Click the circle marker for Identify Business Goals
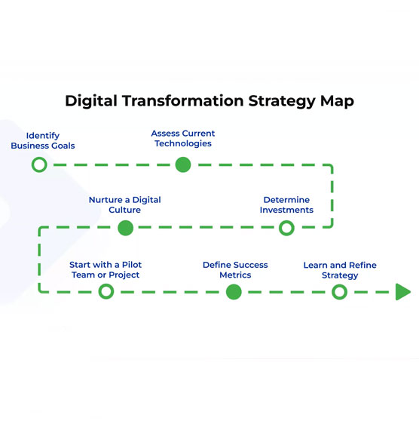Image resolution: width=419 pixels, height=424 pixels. pos(39,158)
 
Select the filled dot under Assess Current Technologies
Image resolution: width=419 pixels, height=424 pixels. pos(183,164)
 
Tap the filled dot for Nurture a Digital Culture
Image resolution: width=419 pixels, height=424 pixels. pos(126,228)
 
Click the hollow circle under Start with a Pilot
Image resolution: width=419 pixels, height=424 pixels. pos(106,284)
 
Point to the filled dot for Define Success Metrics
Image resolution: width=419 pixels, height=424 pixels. pos(234,292)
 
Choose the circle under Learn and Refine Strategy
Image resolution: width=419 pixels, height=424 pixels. pos(340,284)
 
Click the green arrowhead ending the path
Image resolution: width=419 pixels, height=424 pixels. pos(403,292)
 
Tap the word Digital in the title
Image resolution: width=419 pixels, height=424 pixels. pos(91,101)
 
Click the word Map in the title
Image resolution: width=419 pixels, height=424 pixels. pos(337,102)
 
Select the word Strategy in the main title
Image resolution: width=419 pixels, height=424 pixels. pos(282,102)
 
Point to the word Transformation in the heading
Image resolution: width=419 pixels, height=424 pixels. pos(183,101)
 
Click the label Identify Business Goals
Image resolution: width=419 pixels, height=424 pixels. pos(43,140)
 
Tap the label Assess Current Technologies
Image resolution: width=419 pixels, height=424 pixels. pos(183,139)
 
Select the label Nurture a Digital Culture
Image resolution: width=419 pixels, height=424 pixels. pos(125,204)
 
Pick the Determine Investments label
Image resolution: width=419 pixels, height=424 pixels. pos(286,204)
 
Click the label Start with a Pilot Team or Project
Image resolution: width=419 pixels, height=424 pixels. pos(106,269)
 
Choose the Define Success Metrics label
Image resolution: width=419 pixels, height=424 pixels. pos(235,270)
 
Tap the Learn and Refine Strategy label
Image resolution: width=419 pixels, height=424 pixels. pos(340,270)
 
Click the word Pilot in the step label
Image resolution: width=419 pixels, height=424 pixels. pos(132,265)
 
